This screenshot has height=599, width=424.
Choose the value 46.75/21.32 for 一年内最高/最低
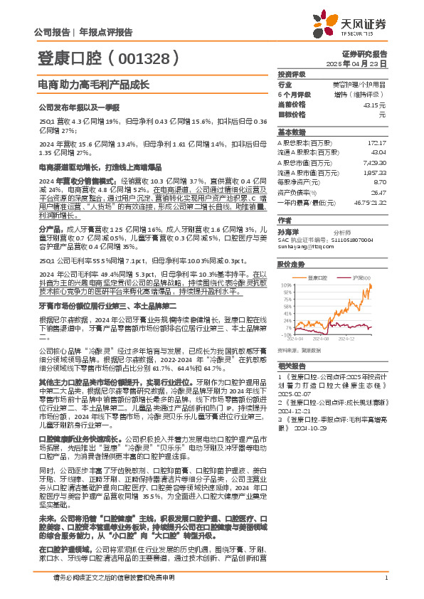(369, 202)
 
